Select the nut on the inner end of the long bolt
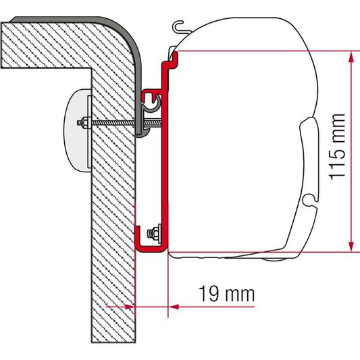click(x=86, y=124)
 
